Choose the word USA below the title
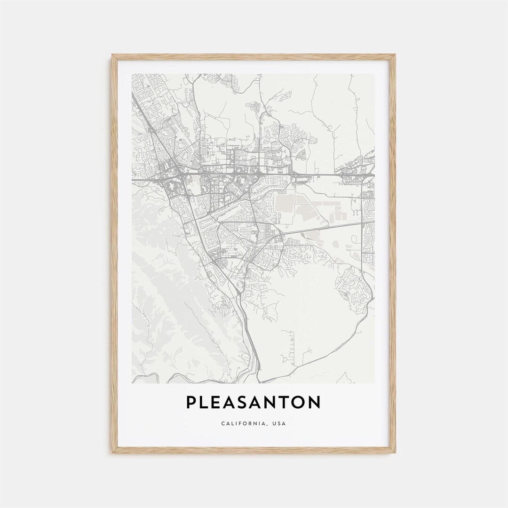tap(279, 423)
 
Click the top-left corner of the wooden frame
tap(112, 55)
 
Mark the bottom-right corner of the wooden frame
tap(395, 453)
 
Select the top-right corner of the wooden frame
tap(395, 55)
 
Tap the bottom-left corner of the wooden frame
tap(112, 453)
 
